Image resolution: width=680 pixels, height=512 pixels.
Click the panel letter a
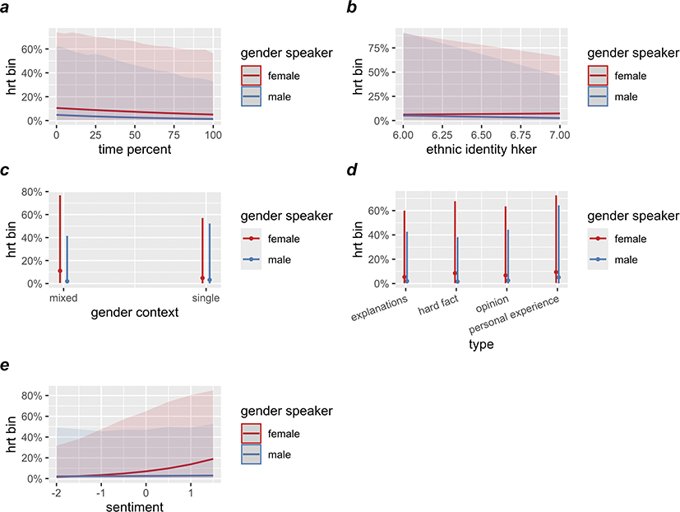7,7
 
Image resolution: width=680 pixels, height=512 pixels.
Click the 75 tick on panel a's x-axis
173,133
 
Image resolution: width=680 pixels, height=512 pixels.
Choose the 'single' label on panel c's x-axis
206,297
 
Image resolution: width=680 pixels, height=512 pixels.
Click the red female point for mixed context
60,271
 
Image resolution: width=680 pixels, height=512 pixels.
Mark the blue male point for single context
210,281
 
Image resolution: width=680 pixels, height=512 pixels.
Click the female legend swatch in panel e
255,434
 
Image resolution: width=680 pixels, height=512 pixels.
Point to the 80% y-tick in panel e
30,395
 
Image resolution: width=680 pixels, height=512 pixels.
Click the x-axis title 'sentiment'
134,506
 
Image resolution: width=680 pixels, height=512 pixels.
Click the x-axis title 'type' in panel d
480,345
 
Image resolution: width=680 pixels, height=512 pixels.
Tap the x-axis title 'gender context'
134,313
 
